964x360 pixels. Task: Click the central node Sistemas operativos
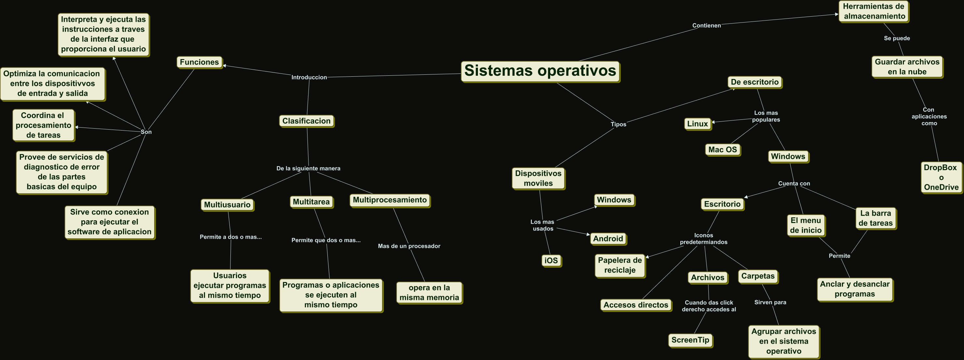[540, 71]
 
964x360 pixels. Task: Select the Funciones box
[199, 62]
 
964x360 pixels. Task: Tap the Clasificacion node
[306, 121]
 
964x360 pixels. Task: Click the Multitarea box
[311, 202]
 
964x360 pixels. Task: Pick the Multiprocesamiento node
[389, 200]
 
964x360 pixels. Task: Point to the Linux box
[698, 124]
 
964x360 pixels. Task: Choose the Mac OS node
[722, 150]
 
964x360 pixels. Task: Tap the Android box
[608, 239]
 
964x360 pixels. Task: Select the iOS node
[551, 260]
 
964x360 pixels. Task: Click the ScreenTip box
[690, 340]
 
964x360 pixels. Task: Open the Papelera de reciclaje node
[620, 265]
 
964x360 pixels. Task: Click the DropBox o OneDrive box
[941, 177]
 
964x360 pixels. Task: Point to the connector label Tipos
[618, 124]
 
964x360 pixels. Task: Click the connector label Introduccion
[309, 77]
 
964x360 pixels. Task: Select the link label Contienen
[706, 25]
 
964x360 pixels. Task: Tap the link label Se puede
[897, 38]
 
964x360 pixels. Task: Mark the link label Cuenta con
[794, 183]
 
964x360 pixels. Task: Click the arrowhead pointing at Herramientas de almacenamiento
[836, 15]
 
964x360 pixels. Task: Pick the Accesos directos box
[636, 305]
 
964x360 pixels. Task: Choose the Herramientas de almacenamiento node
[874, 11]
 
